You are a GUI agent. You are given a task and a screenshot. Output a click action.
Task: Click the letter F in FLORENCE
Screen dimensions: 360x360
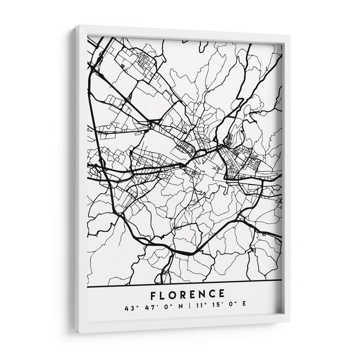click(x=154, y=295)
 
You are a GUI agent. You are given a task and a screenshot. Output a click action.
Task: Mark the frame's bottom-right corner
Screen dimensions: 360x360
click(x=289, y=322)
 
